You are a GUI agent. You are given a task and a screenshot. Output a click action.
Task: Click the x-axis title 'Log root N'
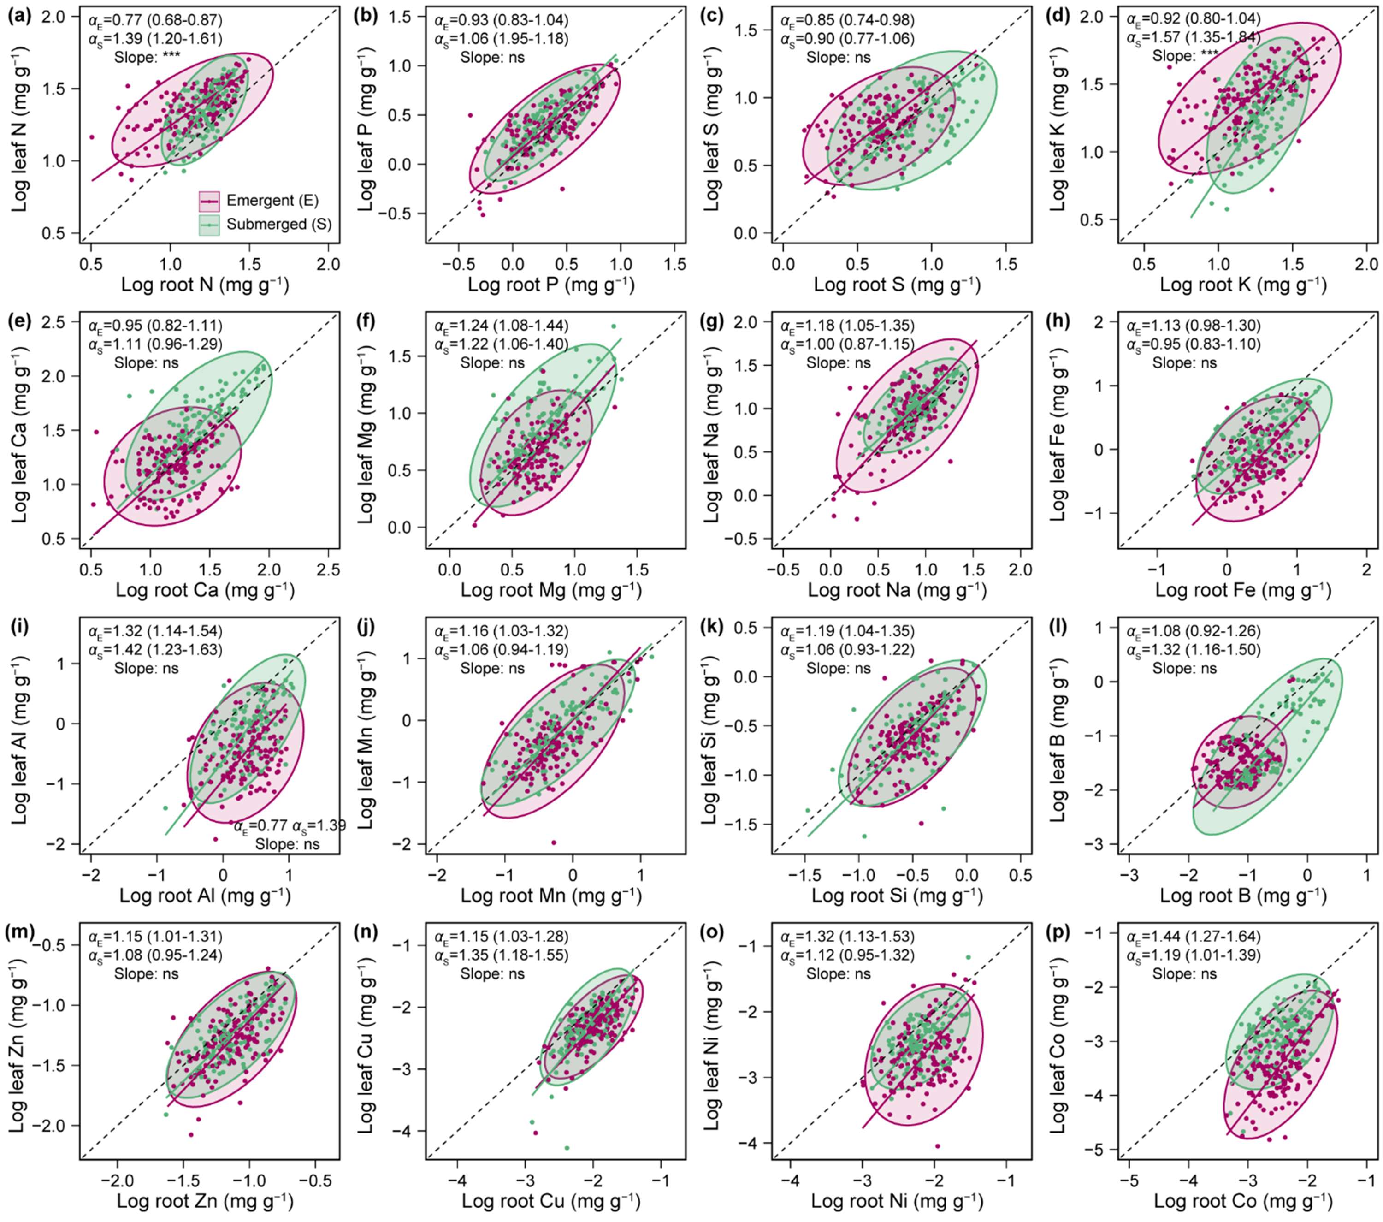point(204,285)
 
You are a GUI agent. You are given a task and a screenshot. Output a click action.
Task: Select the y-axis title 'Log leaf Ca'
point(21,432)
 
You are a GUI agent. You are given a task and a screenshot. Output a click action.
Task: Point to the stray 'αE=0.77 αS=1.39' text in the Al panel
point(290,826)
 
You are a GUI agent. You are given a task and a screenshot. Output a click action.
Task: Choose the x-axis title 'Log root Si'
point(897,896)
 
